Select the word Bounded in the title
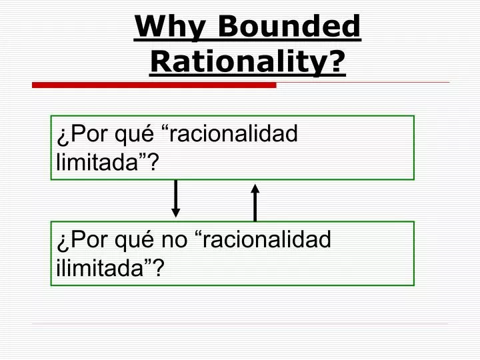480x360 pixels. [x=289, y=28]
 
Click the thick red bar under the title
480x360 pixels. [x=154, y=85]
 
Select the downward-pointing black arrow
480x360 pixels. [x=175, y=197]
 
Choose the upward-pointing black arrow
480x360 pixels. [x=255, y=202]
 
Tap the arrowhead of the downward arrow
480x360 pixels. [x=175, y=212]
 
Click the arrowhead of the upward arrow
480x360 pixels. [x=255, y=189]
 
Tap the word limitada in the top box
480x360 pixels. [x=101, y=162]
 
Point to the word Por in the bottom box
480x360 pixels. [x=84, y=239]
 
